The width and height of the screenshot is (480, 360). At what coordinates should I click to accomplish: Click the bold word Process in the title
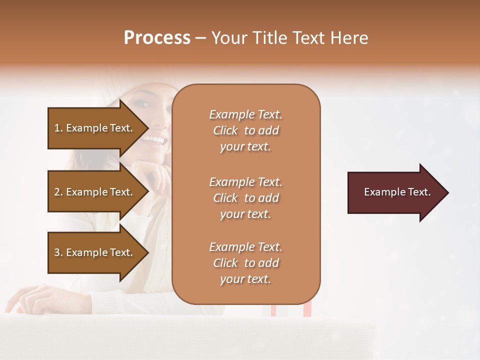point(157,38)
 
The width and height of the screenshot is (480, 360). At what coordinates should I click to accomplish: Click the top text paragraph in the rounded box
point(246,130)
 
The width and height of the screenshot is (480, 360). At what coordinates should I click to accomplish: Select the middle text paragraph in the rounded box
point(246,198)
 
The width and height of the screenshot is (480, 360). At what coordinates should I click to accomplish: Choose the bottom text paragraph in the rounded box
point(246,263)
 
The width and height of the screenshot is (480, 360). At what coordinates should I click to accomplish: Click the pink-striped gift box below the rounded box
point(290,309)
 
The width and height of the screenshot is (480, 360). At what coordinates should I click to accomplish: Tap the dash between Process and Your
point(200,38)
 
